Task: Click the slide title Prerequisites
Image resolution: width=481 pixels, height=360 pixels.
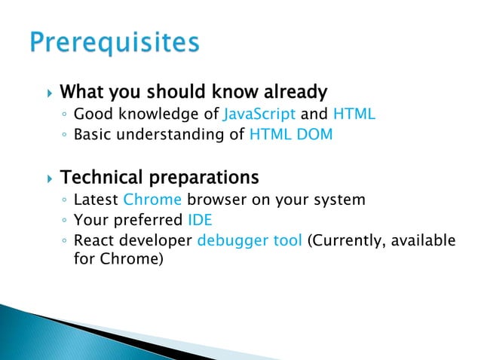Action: pos(115,43)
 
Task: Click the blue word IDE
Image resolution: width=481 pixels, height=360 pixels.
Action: pos(200,221)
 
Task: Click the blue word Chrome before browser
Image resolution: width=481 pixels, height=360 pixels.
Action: pos(152,200)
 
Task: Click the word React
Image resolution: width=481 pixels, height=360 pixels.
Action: pos(94,241)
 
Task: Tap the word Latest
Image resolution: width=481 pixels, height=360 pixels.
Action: pos(97,200)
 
